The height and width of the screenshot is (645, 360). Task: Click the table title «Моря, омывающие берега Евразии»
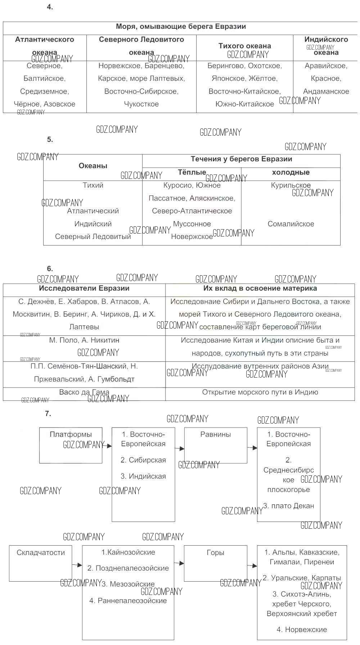pyautogui.click(x=181, y=27)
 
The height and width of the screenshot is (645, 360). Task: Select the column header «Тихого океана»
pyautogui.click(x=244, y=46)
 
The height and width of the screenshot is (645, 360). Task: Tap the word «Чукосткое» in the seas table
pyautogui.click(x=141, y=104)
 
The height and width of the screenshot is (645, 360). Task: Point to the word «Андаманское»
pyautogui.click(x=326, y=91)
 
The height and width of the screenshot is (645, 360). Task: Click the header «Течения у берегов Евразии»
pyautogui.click(x=241, y=159)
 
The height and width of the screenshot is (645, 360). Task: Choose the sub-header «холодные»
pyautogui.click(x=291, y=172)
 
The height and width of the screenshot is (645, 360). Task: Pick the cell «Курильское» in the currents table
pyautogui.click(x=291, y=185)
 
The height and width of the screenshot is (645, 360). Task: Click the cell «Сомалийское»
pyautogui.click(x=291, y=224)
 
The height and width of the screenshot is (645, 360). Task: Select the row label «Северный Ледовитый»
pyautogui.click(x=93, y=237)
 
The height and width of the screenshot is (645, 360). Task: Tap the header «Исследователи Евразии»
pyautogui.click(x=84, y=288)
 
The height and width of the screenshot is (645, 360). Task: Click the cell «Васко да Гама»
pyautogui.click(x=84, y=392)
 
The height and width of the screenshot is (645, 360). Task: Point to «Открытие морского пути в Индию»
pyautogui.click(x=260, y=392)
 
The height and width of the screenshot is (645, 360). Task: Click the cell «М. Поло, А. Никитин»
pyautogui.click(x=84, y=340)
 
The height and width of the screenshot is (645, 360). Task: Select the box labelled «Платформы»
pyautogui.click(x=71, y=445)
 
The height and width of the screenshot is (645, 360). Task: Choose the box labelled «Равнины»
pyautogui.click(x=216, y=445)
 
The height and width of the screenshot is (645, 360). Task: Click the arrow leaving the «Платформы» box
pyautogui.click(x=107, y=446)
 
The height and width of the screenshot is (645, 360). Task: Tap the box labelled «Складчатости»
pyautogui.click(x=40, y=563)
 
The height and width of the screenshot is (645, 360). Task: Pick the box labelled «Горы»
pyautogui.click(x=215, y=563)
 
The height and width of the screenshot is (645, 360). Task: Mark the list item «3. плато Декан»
pyautogui.click(x=289, y=506)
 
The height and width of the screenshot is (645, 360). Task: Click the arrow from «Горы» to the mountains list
pyautogui.click(x=252, y=566)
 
